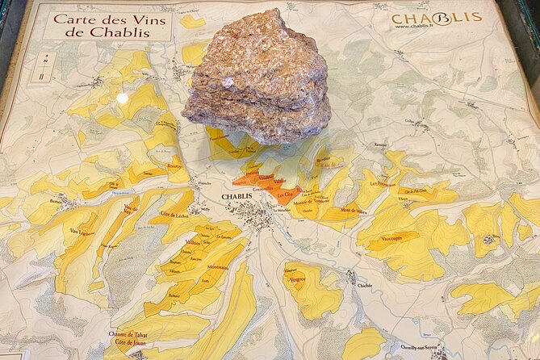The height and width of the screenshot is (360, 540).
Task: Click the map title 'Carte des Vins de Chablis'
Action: [107, 24]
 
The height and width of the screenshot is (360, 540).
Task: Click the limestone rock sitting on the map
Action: [257, 77]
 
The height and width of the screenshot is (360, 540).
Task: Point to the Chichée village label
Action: [365, 285]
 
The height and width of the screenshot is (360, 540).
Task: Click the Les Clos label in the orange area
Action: [284, 194]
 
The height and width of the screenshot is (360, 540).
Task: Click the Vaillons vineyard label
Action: [193, 242]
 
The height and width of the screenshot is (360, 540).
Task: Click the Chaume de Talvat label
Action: [130, 334]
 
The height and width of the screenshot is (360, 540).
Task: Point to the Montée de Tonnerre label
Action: [310, 200]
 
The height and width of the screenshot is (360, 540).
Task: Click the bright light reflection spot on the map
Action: [122, 98]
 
